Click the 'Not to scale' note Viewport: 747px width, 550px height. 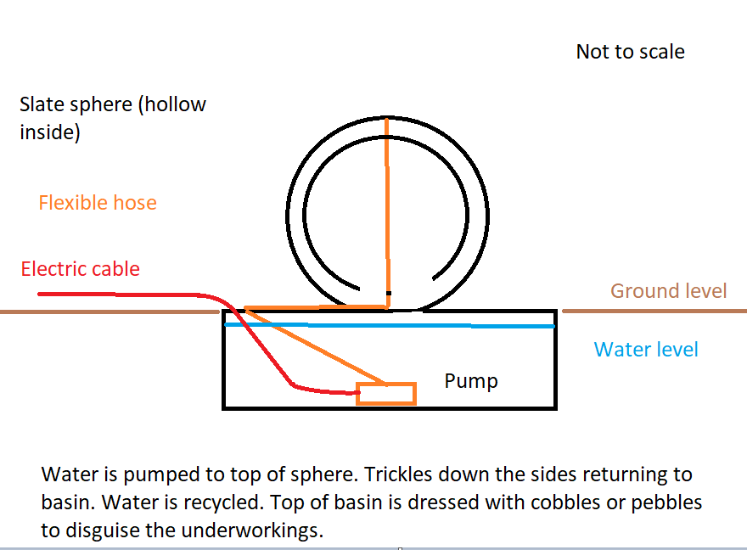[x=630, y=52]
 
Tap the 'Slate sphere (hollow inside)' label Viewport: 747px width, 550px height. [x=112, y=118]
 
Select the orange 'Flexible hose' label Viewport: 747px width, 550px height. [x=98, y=203]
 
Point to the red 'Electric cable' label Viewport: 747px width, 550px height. [x=81, y=269]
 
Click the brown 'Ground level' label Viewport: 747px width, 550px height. [x=669, y=291]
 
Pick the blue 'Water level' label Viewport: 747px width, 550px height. [x=646, y=349]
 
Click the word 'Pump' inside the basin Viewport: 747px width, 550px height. [x=471, y=381]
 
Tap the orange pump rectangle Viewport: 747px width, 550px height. [x=386, y=394]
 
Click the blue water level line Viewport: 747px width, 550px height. [x=424, y=324]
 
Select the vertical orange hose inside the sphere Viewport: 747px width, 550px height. [x=387, y=212]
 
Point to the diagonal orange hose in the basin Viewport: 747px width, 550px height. [x=314, y=346]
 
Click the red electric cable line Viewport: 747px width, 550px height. [x=127, y=295]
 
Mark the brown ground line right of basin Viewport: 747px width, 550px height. [x=654, y=311]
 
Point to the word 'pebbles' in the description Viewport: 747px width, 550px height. [x=670, y=502]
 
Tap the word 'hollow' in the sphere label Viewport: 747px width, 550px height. [x=175, y=105]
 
